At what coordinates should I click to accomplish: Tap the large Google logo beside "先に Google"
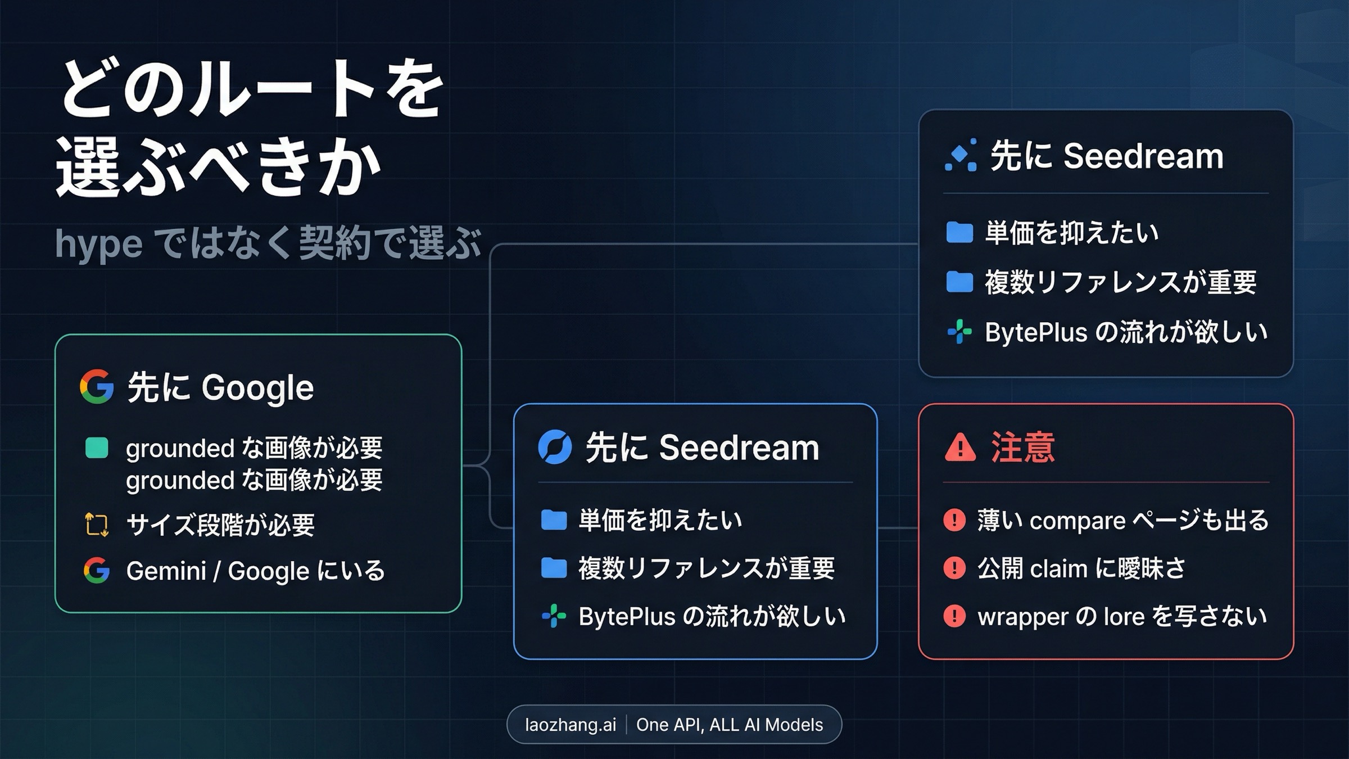(97, 387)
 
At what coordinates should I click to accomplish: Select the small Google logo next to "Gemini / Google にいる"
(96, 570)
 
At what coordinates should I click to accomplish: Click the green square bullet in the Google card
(97, 448)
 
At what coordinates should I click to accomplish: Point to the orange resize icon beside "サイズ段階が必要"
(97, 525)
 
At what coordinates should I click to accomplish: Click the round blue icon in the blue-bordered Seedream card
(555, 448)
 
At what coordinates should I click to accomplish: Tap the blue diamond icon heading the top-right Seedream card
(961, 155)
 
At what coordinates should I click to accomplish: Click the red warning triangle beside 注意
(960, 448)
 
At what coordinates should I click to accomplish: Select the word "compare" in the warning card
(1077, 521)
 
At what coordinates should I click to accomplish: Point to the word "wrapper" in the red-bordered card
(1023, 617)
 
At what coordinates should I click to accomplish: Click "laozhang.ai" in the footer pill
(570, 725)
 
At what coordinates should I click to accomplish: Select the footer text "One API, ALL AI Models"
(729, 725)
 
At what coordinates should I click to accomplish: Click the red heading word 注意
(1022, 448)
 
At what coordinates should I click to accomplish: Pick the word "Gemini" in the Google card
(166, 571)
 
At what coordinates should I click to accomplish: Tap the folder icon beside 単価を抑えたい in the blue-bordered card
(554, 520)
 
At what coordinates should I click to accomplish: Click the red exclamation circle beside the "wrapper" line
(954, 616)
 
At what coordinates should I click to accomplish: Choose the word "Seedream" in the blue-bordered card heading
(739, 448)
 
